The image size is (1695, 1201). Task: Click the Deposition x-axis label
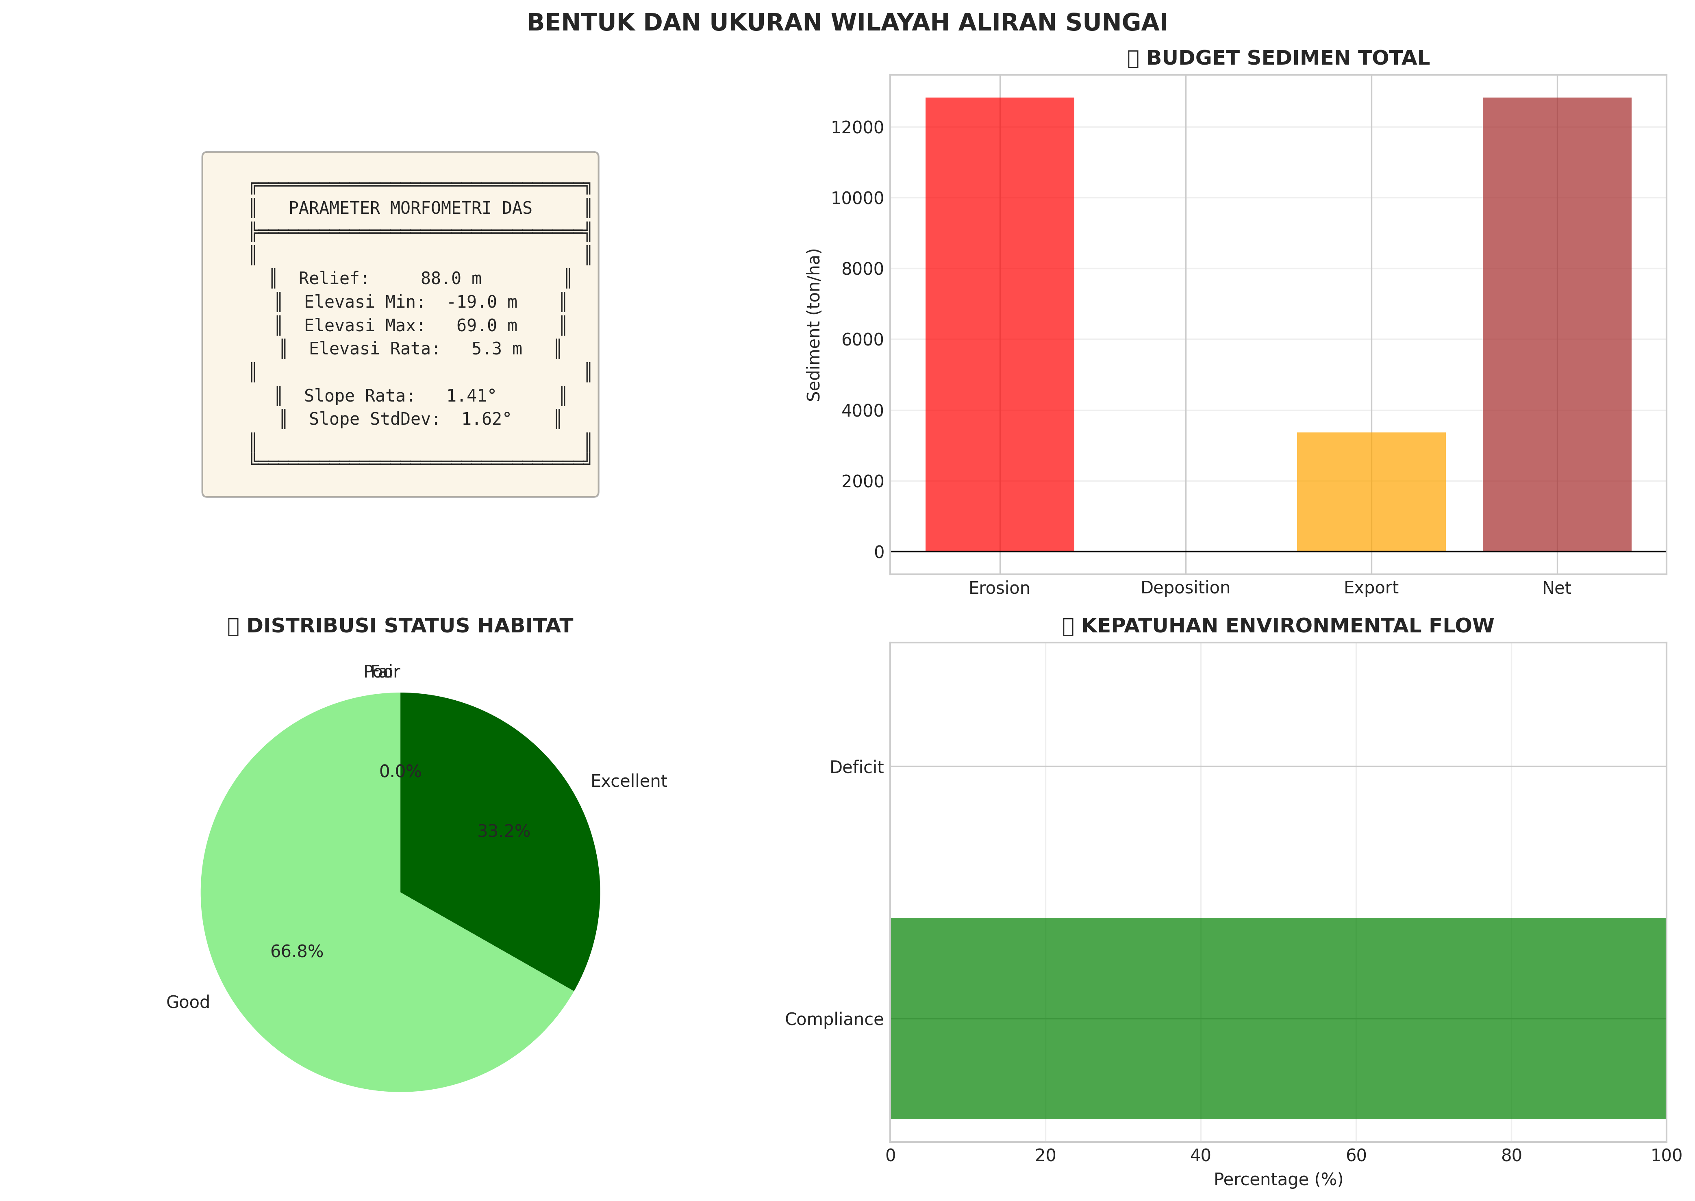(1185, 588)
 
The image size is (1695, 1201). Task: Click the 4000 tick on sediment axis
(862, 410)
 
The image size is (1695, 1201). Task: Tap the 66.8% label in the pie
(297, 952)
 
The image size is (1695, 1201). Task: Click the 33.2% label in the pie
(504, 831)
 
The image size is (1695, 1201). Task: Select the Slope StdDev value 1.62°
(486, 419)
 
